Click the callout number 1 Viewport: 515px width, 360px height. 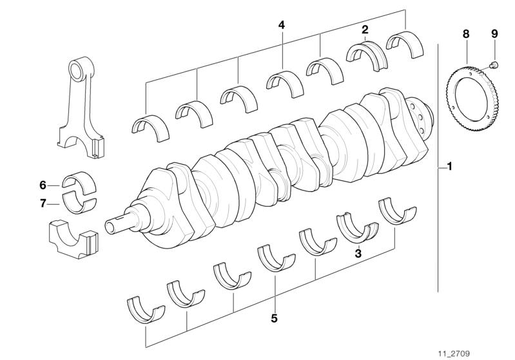click(449, 167)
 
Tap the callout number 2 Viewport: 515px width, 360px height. click(365, 30)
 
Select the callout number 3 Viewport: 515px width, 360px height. click(358, 253)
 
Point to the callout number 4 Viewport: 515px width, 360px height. click(282, 25)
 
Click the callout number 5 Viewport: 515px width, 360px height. click(274, 317)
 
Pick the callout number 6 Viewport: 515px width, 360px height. click(43, 185)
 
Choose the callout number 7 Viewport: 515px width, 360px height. click(43, 204)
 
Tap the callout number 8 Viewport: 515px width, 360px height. click(466, 33)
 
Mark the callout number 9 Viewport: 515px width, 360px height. click(494, 33)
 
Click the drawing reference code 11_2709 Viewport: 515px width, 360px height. click(454, 354)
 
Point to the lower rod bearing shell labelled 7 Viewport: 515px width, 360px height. click(79, 205)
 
